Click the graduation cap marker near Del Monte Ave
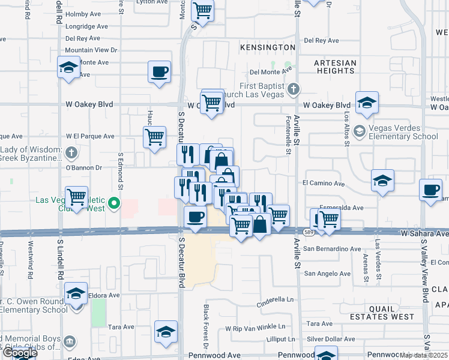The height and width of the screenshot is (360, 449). (69, 67)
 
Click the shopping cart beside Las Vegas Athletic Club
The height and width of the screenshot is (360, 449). (77, 197)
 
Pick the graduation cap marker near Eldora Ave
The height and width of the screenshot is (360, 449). (76, 293)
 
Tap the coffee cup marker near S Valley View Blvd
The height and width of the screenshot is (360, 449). (430, 190)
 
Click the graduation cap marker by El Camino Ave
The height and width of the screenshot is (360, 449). (382, 180)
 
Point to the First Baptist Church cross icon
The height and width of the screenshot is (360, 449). (293, 90)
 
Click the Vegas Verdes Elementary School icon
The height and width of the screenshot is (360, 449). (359, 131)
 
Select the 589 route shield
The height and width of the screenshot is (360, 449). (309, 232)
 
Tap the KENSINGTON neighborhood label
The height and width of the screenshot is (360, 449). (268, 47)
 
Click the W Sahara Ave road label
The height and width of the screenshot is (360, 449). (424, 232)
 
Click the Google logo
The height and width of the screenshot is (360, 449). (19, 353)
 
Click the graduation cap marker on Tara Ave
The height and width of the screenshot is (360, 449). (166, 332)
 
